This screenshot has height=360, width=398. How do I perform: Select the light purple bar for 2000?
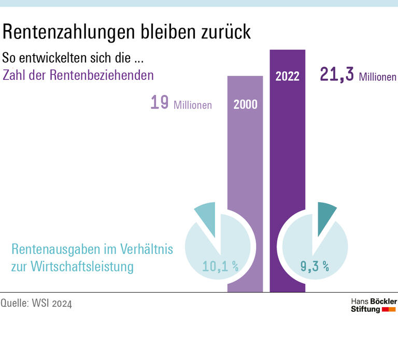[245, 171]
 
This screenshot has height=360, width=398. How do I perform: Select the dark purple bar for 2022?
[287, 171]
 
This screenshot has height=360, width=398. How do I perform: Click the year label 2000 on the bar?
[245, 104]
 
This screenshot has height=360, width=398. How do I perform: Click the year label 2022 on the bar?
[287, 76]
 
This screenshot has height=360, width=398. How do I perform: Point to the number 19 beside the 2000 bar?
[159, 103]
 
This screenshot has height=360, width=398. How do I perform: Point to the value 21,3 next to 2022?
[336, 75]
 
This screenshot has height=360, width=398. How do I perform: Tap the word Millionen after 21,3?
[377, 77]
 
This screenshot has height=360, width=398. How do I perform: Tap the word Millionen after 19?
[193, 105]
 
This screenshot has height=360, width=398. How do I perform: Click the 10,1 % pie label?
[220, 267]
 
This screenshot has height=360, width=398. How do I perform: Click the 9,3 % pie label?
[315, 267]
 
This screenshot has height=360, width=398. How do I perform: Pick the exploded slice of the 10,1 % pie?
[206, 213]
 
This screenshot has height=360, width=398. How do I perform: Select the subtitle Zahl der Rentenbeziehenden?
[78, 75]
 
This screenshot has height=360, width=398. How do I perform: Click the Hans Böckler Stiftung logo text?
[373, 305]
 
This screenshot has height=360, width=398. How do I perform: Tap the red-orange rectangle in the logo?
[389, 310]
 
